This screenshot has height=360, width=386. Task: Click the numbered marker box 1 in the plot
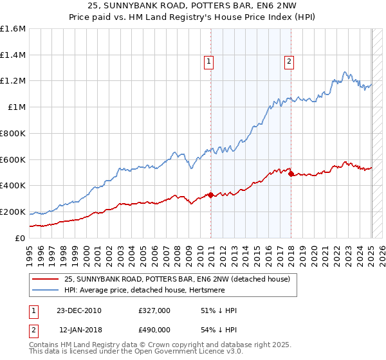click(x=209, y=62)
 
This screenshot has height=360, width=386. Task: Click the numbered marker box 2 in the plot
click(x=289, y=62)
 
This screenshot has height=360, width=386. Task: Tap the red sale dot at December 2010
click(x=210, y=195)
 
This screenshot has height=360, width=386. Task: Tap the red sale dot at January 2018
click(x=291, y=174)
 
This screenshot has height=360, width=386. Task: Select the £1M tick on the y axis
click(x=17, y=107)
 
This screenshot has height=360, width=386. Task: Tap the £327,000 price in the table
click(x=154, y=310)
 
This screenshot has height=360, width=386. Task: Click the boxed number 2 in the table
click(x=34, y=329)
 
